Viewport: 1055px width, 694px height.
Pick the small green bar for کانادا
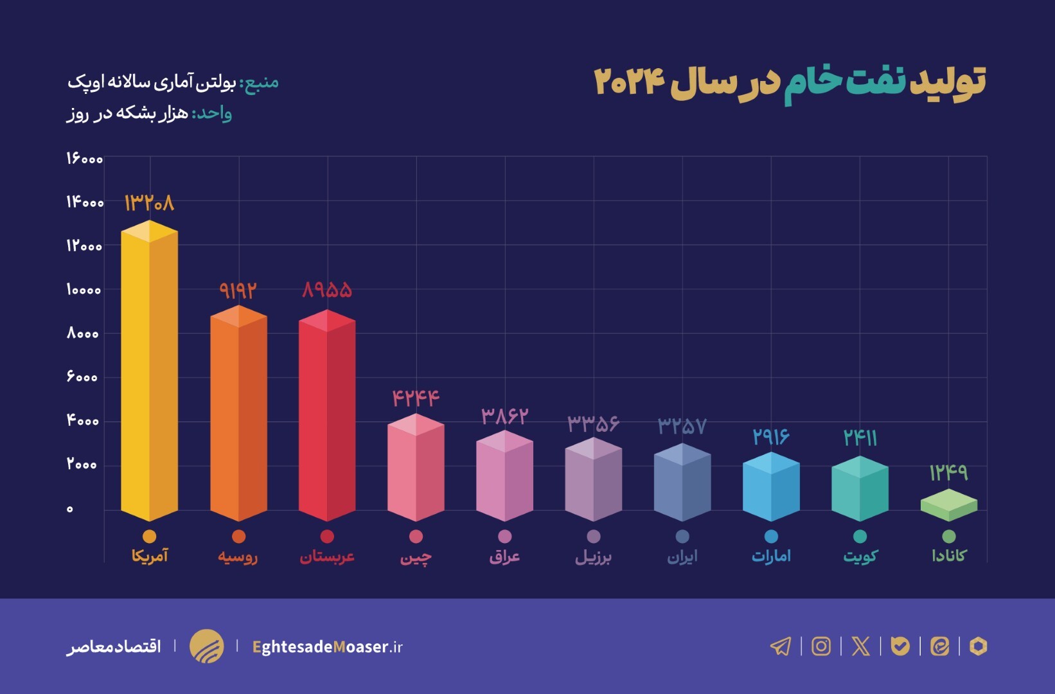(948, 505)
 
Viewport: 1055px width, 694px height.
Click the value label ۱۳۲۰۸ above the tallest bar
(149, 203)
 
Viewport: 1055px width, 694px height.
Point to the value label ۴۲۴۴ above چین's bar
(416, 398)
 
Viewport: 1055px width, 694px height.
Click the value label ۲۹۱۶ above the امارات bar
(770, 438)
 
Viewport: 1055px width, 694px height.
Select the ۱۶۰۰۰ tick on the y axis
(84, 158)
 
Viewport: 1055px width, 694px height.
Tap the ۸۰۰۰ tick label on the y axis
(83, 334)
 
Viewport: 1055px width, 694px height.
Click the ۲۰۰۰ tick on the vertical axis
(82, 465)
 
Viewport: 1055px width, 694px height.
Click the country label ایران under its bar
(682, 556)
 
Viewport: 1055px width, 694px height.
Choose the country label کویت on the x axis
(860, 556)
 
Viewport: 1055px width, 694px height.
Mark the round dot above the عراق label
(505, 536)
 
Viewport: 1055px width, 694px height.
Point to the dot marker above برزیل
(594, 536)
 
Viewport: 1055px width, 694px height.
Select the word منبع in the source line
(260, 82)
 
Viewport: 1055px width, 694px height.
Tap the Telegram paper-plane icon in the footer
(781, 646)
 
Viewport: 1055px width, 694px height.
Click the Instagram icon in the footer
(821, 646)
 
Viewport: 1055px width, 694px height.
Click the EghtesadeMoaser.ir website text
(327, 646)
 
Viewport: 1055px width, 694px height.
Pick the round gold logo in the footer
(207, 646)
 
